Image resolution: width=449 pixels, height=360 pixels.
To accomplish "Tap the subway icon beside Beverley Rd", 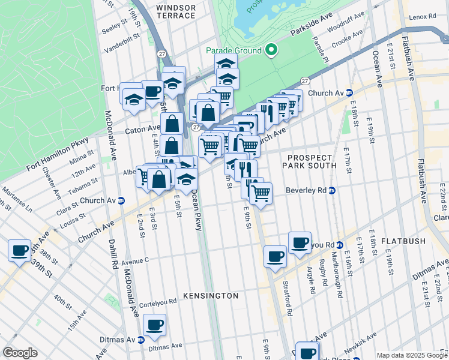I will pos(332,190).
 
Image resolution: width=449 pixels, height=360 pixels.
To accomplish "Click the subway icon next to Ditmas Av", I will pos(141,340).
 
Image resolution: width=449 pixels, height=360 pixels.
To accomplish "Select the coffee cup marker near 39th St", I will pos(19,250).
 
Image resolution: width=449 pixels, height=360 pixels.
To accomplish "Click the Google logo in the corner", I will pos(20,352).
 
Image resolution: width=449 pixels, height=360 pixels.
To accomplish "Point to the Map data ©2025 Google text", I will pos(411,355).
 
